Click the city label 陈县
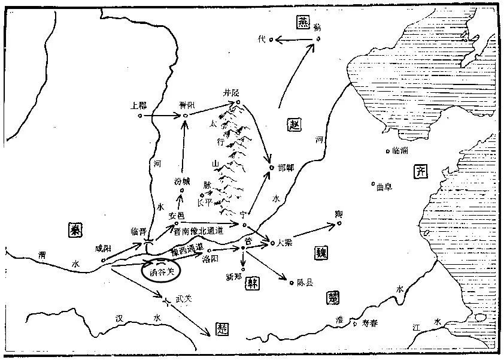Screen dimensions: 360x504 tap(305, 282)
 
